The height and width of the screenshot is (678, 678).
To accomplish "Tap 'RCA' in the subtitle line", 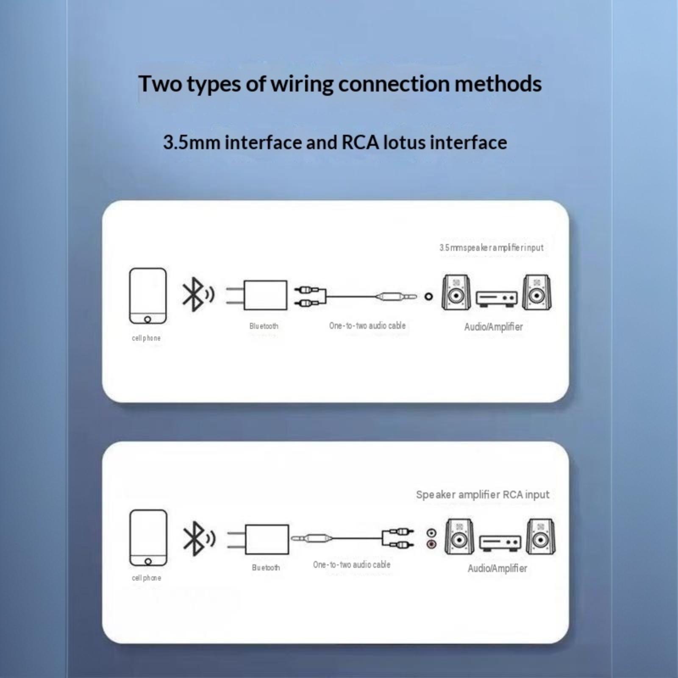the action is pyautogui.click(x=360, y=142).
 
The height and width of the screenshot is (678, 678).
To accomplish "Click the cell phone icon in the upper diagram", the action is pyautogui.click(x=148, y=296).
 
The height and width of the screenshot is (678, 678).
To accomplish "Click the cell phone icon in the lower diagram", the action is pyautogui.click(x=148, y=538).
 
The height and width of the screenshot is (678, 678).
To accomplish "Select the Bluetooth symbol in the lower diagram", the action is pyautogui.click(x=199, y=538).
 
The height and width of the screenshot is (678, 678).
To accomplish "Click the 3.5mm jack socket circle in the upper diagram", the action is pyautogui.click(x=429, y=297).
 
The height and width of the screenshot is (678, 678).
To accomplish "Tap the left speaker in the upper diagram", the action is pyautogui.click(x=456, y=292).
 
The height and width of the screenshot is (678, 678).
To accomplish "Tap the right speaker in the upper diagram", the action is pyautogui.click(x=536, y=292).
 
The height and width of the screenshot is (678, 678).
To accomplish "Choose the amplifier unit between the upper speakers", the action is pyautogui.click(x=496, y=299).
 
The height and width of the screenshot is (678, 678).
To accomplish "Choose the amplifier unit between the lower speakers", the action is pyautogui.click(x=500, y=543).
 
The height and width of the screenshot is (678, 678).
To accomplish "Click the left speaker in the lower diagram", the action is pyautogui.click(x=459, y=537).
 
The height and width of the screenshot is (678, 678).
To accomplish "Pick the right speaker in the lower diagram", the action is pyautogui.click(x=540, y=537).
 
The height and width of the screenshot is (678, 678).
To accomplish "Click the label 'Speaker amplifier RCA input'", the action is pyautogui.click(x=483, y=495).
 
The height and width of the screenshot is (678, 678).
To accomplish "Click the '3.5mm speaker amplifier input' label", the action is pyautogui.click(x=492, y=247).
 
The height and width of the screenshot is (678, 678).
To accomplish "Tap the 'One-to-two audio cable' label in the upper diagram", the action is pyautogui.click(x=367, y=325).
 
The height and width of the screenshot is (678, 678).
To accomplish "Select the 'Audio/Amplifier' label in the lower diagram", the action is pyautogui.click(x=497, y=568).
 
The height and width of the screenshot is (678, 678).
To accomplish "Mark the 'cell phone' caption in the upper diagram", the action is pyautogui.click(x=146, y=338).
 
